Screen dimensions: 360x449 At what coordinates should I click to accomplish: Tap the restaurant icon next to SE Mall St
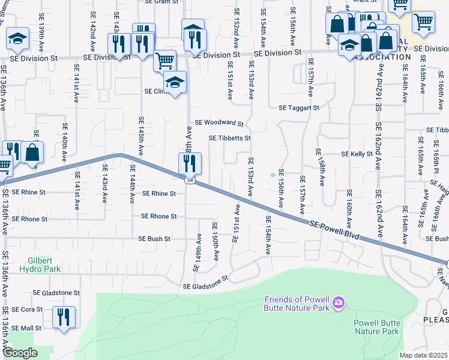[64, 316]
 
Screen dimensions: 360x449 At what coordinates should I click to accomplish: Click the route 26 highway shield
[190, 179]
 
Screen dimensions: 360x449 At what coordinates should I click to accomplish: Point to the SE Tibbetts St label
[229, 138]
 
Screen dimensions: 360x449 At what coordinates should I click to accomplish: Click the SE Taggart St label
[300, 108]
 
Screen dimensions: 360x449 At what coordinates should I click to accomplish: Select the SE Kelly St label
[357, 154]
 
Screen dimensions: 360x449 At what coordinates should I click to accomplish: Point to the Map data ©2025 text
[423, 355]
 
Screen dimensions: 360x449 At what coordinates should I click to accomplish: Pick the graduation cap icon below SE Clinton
[175, 82]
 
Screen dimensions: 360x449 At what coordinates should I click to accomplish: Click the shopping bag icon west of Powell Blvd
[34, 152]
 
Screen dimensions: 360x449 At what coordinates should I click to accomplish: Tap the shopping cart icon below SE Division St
[164, 60]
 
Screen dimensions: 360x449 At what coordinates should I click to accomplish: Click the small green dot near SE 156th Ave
[273, 176]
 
